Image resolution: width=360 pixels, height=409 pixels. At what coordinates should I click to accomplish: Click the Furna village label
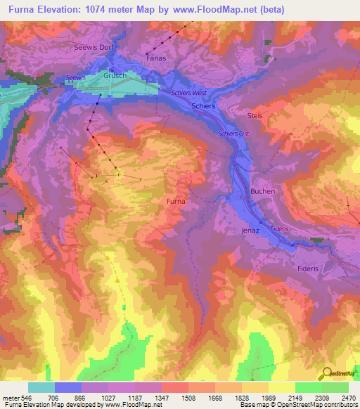click(x=176, y=202)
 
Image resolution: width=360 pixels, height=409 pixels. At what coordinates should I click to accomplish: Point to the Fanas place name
click(x=155, y=58)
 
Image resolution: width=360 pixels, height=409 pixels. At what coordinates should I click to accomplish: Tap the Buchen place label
click(x=262, y=191)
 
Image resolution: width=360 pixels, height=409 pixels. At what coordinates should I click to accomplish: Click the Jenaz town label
click(x=250, y=231)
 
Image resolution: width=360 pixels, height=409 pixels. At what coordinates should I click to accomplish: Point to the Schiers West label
click(x=188, y=93)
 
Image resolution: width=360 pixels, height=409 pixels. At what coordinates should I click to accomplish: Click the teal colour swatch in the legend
click(x=41, y=387)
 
